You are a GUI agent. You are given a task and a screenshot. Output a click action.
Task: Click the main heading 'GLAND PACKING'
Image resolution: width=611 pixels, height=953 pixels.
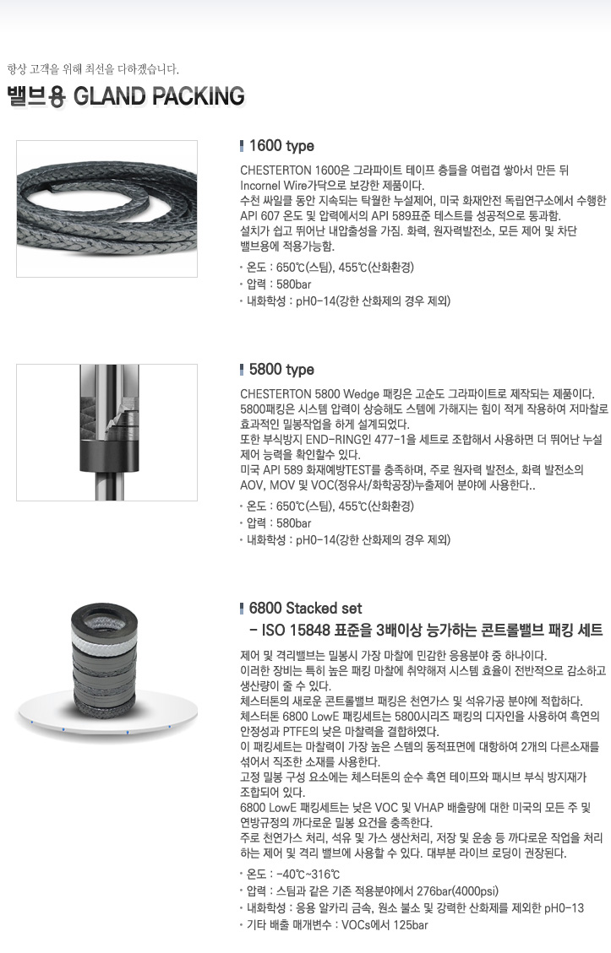[x=159, y=96]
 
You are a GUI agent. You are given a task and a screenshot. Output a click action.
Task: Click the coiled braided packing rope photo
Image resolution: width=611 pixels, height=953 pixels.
[x=106, y=208]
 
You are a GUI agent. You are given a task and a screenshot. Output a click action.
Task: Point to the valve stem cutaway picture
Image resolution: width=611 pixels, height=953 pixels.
[x=106, y=432]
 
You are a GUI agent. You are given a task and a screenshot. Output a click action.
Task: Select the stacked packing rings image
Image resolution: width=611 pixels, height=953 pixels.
[x=106, y=669]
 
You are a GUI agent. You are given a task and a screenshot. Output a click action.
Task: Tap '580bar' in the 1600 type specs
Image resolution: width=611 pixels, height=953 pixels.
[x=293, y=284]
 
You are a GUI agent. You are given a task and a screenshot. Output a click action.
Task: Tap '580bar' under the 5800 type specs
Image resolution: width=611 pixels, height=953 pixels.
[x=293, y=523]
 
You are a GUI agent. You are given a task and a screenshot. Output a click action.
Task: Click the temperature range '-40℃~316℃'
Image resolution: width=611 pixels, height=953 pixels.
[x=308, y=874]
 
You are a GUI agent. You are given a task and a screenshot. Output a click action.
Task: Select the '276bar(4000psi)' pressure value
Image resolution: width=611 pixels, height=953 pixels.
[x=457, y=891]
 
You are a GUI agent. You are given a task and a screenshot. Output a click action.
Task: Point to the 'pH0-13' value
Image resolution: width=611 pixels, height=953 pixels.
[x=565, y=908]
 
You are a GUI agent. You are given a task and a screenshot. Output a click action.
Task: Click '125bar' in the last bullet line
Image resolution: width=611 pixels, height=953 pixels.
[x=410, y=925]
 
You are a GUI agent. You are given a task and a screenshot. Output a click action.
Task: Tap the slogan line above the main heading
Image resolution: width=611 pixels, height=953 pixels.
[x=93, y=68]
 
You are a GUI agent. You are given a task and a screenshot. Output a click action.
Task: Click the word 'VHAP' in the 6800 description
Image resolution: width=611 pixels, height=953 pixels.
[x=430, y=807]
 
